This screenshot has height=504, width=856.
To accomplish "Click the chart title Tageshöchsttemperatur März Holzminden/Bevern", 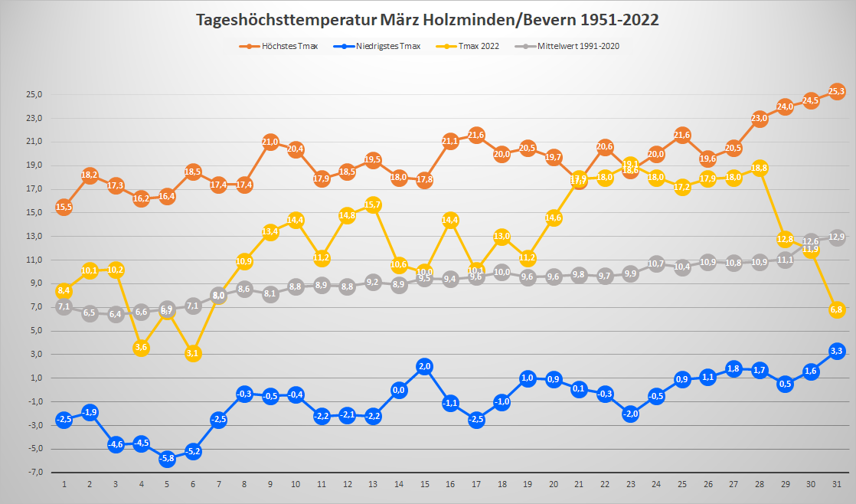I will tap(427, 20).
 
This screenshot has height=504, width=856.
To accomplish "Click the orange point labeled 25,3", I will tap(837, 91).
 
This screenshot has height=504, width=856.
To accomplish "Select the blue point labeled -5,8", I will tap(167, 459).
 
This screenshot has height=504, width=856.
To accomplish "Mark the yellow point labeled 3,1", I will tap(193, 353).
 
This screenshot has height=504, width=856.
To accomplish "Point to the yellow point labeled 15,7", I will tap(374, 205).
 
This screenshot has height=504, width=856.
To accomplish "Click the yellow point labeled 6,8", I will tap(837, 309).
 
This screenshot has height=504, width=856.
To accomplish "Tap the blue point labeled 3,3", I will tap(837, 351).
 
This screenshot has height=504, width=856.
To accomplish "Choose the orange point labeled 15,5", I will tap(64, 207).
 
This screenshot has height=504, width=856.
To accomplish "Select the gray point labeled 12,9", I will tap(837, 237).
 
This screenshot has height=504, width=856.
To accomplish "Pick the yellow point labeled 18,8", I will tap(760, 168).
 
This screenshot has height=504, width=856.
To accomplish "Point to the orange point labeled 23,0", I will tap(760, 119).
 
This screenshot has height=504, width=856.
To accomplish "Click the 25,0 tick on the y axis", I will tap(35, 95).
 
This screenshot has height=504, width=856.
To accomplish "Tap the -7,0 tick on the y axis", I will tap(35, 473).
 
